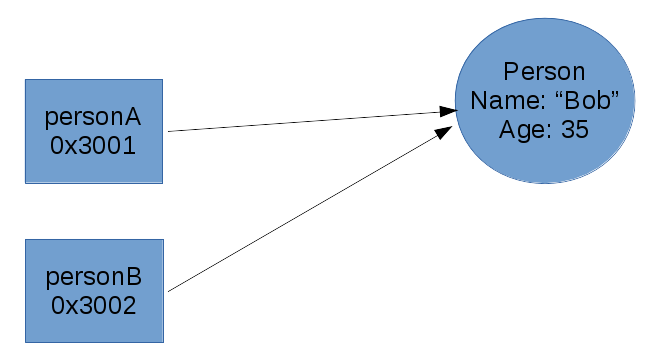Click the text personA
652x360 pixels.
click(93, 117)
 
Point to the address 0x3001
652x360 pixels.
click(93, 145)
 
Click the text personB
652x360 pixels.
click(93, 277)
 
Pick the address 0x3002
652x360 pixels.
click(93, 305)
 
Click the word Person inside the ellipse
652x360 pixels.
click(544, 72)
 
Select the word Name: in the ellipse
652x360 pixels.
click(506, 100)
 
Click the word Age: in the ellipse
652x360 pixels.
click(522, 129)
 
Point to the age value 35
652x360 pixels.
click(574, 129)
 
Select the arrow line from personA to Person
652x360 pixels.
click(300, 120)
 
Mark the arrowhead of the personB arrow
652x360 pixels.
click(446, 130)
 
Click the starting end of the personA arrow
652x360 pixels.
click(170, 131)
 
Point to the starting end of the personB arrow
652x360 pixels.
click(170, 291)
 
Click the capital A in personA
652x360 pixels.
click(131, 117)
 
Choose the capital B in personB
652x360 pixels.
click(131, 277)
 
